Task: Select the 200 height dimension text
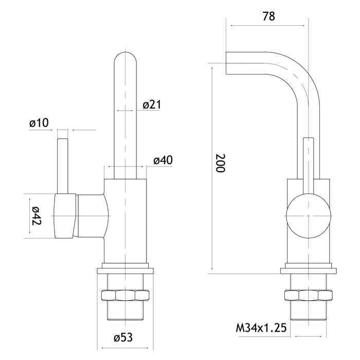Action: [x=221, y=164]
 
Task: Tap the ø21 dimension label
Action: [x=152, y=105]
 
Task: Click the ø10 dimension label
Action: [x=39, y=123]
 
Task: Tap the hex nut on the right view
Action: [x=307, y=296]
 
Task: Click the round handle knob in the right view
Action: [x=307, y=215]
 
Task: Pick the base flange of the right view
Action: [x=307, y=269]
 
